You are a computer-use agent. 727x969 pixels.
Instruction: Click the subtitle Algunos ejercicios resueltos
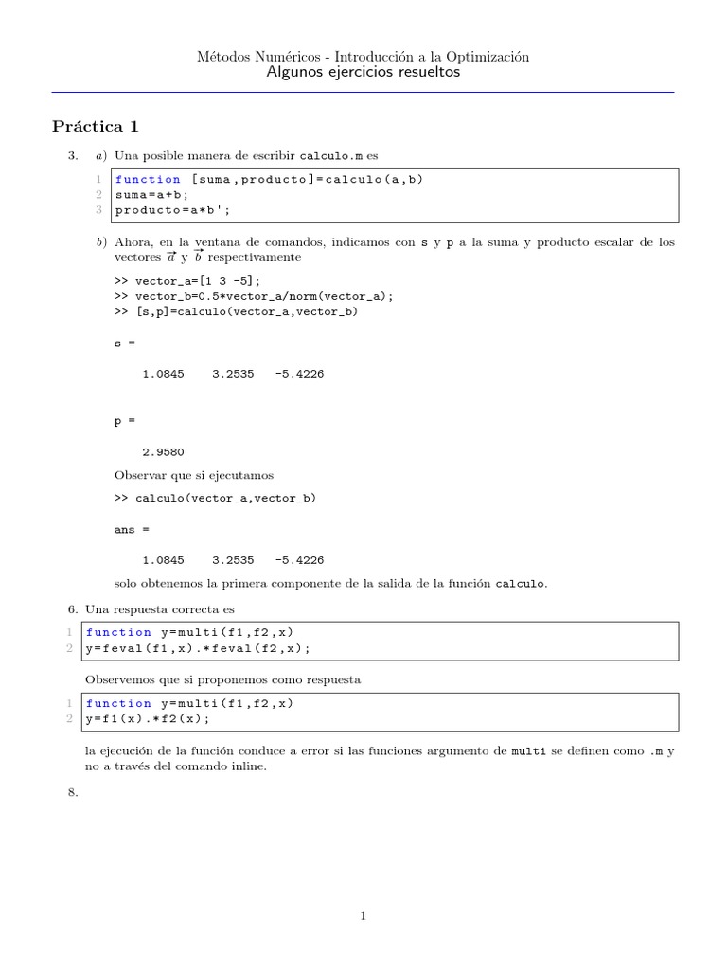(363, 73)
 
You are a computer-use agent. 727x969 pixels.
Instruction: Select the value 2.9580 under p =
(163, 452)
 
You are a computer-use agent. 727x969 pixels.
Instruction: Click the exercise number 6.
(73, 609)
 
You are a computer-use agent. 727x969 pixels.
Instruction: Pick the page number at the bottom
(363, 915)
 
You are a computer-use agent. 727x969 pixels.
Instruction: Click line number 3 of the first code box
(99, 209)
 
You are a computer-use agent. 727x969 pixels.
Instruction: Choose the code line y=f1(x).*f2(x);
(148, 719)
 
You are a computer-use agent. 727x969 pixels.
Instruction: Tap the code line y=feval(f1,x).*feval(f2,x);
(198, 648)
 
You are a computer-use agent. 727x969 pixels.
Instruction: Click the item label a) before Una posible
(100, 155)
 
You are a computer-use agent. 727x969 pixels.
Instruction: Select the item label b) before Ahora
(101, 243)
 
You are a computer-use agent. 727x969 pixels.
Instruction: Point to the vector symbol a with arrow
(170, 256)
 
